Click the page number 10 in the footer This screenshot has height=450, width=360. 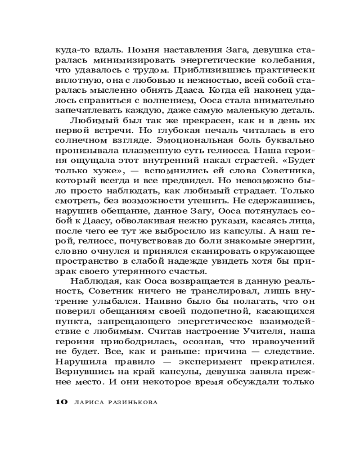point(61,402)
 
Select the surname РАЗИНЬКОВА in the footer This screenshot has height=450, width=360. point(133,403)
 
